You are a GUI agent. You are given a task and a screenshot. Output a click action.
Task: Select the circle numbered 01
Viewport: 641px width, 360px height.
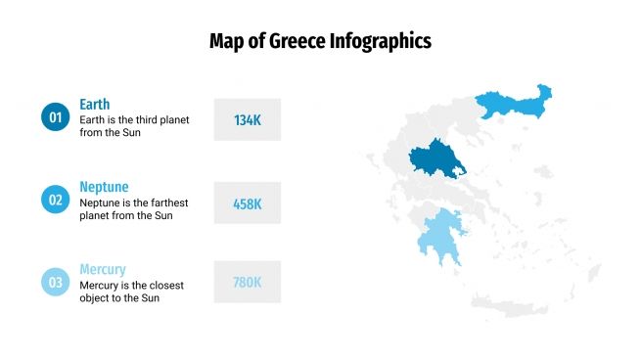coord(55,118)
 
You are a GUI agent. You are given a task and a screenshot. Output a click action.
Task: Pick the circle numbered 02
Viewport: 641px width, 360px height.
coord(55,201)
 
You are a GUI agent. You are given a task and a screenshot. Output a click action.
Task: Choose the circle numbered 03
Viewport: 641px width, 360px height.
coord(55,283)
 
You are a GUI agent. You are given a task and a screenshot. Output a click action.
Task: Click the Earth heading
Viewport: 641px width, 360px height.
coord(95,104)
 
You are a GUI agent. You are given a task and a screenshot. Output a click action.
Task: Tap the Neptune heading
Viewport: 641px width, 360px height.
coord(104,186)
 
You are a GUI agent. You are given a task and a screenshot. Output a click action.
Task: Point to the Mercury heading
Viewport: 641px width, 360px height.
coord(103,269)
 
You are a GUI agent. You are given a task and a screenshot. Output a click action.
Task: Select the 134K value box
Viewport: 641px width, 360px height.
coord(247,119)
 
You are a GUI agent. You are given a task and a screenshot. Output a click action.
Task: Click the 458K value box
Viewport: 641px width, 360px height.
coord(247,203)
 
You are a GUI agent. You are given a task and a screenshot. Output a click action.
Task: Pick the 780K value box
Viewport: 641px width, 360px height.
coord(247,282)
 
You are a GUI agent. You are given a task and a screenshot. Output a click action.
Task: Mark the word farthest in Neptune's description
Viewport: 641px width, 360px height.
coord(167,202)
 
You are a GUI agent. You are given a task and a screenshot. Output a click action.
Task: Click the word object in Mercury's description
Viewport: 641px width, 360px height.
coord(96,298)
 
